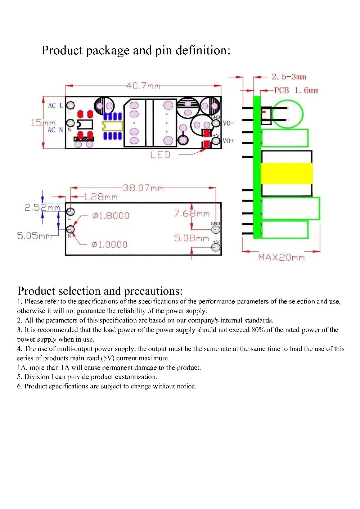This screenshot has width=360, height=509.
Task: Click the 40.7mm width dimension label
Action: (x=143, y=86)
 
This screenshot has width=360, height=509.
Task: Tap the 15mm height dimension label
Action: (x=43, y=123)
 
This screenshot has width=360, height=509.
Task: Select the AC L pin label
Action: (x=55, y=105)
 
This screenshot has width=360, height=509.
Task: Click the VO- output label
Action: (x=228, y=123)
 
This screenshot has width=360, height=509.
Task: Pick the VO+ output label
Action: (x=228, y=141)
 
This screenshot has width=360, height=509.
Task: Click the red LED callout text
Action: (x=160, y=155)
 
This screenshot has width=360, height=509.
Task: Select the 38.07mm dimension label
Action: (x=143, y=188)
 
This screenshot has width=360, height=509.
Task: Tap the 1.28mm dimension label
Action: (x=100, y=197)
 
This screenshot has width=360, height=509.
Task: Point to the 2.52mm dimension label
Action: (x=42, y=207)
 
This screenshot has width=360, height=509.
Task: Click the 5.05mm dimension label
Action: (x=35, y=236)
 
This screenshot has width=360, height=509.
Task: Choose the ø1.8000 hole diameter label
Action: (x=111, y=216)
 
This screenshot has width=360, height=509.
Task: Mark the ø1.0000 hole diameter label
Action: (x=109, y=245)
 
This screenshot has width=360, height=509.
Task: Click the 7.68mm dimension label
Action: (x=192, y=213)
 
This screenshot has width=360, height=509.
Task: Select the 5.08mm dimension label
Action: (x=192, y=238)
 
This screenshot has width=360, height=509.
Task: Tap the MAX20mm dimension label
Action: (x=281, y=257)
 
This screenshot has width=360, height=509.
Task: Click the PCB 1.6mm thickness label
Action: (x=296, y=90)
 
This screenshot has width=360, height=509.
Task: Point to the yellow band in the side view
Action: (x=287, y=173)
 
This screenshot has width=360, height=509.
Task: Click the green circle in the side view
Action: (x=288, y=114)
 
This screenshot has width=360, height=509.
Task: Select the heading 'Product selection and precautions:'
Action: (x=100, y=291)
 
